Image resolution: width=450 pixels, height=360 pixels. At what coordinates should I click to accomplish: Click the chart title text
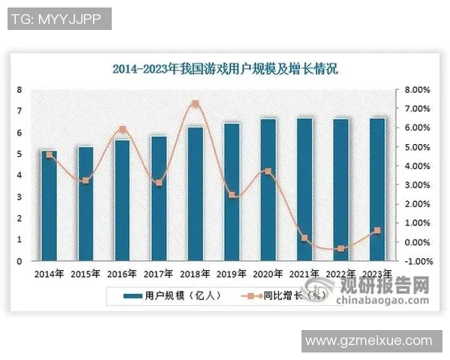coord(225,70)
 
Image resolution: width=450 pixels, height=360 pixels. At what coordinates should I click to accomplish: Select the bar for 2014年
coord(49,205)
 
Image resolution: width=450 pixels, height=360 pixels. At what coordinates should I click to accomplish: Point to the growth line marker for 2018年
coord(195,103)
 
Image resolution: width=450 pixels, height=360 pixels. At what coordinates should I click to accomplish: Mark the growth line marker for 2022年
coord(341,248)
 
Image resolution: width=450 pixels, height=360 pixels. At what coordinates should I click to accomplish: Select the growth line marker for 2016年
coord(122,129)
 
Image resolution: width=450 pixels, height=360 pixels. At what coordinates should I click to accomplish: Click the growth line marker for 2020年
coord(268,172)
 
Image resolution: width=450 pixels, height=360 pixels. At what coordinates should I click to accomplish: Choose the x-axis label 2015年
coord(85,273)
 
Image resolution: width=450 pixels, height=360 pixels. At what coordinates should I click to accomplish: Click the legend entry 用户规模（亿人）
coord(172,296)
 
